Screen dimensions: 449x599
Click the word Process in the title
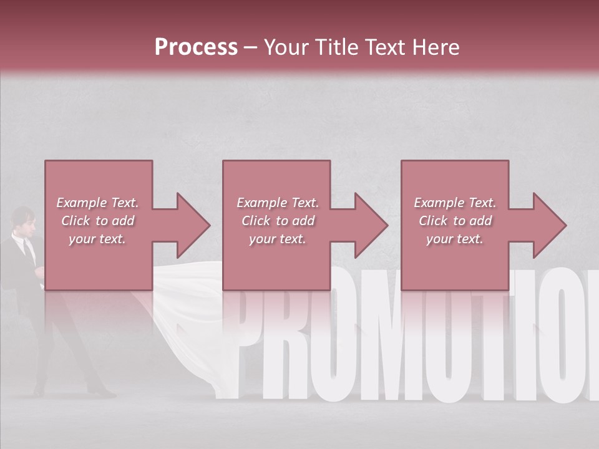(196, 47)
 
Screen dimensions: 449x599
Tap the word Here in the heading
(434, 47)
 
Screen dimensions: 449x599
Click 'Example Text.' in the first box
(97, 203)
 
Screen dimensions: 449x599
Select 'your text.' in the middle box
(277, 239)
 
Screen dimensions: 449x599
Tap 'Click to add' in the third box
(455, 221)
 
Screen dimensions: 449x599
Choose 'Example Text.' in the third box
(455, 203)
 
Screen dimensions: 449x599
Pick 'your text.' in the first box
(97, 239)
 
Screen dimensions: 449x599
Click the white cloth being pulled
(187, 324)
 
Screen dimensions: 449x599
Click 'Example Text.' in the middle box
(277, 203)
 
